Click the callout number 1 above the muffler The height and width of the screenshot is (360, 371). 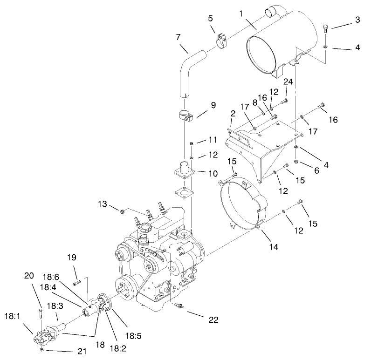point(241,14)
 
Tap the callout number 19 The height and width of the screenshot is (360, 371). point(71,258)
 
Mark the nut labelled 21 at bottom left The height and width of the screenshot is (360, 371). point(41,349)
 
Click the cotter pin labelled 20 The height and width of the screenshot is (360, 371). point(41,315)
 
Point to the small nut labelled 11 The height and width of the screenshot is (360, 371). point(191,143)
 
